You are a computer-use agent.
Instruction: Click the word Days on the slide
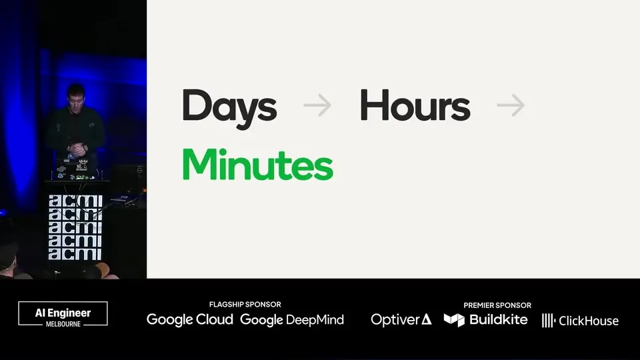tap(229, 108)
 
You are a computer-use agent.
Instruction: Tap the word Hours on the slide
tap(415, 106)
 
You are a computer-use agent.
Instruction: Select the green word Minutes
tap(257, 165)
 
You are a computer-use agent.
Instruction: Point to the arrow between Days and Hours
tap(317, 105)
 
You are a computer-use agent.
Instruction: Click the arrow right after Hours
tap(511, 105)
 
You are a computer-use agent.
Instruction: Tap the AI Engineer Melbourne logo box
tap(63, 313)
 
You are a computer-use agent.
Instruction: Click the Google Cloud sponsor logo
tap(190, 319)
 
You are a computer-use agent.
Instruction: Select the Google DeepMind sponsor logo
tap(292, 319)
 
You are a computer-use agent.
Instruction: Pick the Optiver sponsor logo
tap(401, 319)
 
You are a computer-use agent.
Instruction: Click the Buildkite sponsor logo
tap(486, 319)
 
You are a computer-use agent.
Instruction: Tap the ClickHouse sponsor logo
tap(580, 321)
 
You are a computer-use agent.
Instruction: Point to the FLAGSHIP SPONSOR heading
tap(245, 305)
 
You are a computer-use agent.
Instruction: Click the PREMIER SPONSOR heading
tap(497, 305)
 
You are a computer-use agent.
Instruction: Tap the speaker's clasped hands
tap(77, 150)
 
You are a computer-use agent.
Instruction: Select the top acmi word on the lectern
tap(75, 201)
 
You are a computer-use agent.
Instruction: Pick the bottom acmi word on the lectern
tap(75, 253)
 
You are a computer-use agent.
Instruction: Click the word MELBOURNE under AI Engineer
tap(63, 324)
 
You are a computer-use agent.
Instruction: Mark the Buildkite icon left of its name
tap(454, 320)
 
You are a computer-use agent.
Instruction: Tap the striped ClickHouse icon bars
tap(548, 321)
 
